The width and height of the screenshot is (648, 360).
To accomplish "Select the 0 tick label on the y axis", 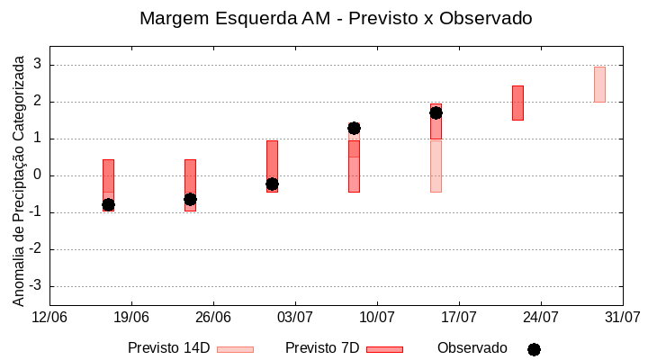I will point(38,175).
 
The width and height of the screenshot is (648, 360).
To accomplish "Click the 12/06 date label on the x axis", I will point(49,317).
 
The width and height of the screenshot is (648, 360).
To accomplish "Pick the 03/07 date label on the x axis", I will point(295,317).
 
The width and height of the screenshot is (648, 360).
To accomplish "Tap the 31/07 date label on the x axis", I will point(622,317).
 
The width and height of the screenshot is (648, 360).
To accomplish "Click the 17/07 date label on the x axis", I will point(459,317).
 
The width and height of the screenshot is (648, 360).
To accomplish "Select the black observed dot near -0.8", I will point(108,205).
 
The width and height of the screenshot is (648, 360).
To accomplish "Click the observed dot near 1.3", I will point(354,128).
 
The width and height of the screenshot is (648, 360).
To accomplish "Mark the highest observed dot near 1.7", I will point(436,112).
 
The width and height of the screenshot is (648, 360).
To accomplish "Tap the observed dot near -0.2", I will point(272,184).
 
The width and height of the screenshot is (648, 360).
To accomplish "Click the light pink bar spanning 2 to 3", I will point(599,85).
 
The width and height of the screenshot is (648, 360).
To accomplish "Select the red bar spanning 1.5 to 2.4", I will point(517,103).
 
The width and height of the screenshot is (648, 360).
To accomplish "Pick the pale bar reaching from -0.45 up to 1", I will point(436,166).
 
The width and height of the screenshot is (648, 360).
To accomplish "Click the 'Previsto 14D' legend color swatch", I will point(235,349).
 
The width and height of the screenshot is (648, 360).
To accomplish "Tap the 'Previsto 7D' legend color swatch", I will point(384,349).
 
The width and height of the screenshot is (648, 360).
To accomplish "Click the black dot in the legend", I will point(534,349).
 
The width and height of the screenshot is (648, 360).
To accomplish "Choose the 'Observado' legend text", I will point(472,348).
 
